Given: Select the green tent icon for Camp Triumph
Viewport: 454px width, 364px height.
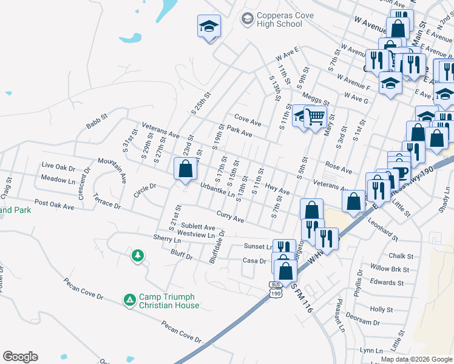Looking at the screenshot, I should coord(129,299).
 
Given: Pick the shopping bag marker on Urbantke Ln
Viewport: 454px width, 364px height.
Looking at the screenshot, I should coord(186,168).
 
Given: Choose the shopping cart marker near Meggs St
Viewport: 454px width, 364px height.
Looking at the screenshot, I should coord(315,115).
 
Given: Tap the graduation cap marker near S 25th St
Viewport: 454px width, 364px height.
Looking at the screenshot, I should coord(209,26).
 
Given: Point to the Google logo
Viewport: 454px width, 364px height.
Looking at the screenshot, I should coord(20,357).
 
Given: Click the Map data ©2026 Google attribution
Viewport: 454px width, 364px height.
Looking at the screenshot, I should coord(416,360).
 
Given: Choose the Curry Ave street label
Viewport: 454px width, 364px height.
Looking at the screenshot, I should coord(230,215).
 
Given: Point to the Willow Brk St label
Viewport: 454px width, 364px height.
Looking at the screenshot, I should coord(389,269).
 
